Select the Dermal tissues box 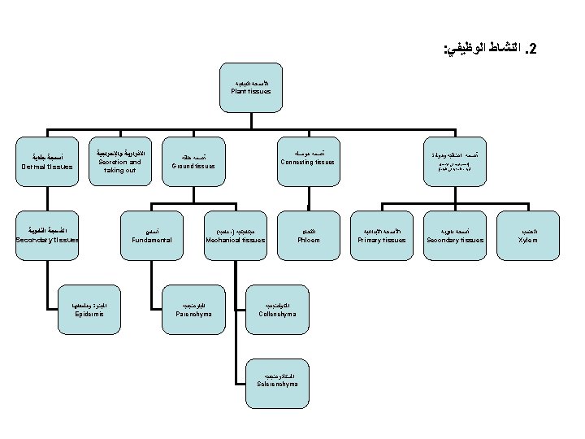coord(47,162)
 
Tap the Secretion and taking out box coord(119,161)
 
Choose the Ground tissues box coord(194,162)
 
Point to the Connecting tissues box coord(307,158)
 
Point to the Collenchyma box coord(277,308)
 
